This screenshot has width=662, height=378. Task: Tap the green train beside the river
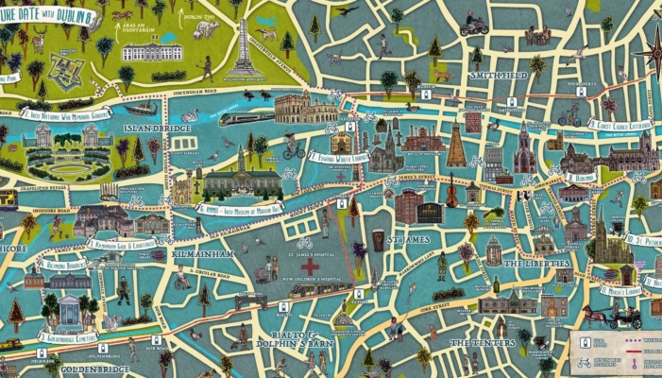point(246,118)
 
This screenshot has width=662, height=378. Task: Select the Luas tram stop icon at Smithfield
point(511,103)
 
